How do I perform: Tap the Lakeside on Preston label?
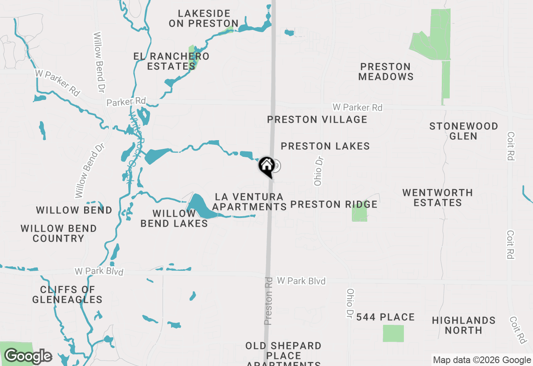tap(204, 19)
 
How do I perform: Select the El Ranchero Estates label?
tap(171, 61)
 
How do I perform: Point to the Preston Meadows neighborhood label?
tap(386, 72)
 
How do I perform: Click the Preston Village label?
tap(317, 120)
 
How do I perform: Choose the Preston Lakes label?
tap(325, 146)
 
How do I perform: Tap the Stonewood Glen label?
tap(463, 131)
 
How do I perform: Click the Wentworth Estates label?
tap(438, 198)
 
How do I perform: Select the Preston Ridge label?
tap(334, 205)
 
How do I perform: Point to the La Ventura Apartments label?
tap(249, 202)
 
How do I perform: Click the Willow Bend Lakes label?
tap(174, 218)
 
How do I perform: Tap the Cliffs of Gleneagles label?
tap(67, 294)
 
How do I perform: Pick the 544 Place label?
tap(386, 317)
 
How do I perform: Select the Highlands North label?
tap(463, 325)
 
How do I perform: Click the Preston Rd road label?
tap(269, 301)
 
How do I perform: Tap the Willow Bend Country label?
tap(59, 233)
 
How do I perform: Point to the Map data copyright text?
tap(482, 360)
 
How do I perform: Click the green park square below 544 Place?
tap(393, 334)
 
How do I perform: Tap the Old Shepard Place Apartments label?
tap(283, 353)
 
